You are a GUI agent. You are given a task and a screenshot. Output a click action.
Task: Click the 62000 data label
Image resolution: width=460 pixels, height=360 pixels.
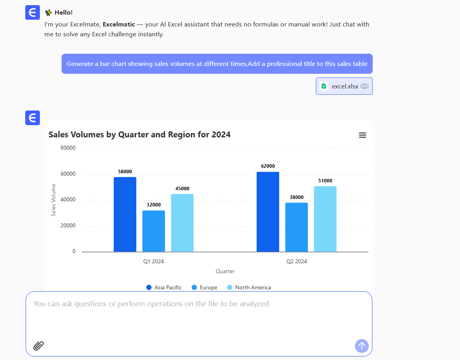tap(268, 166)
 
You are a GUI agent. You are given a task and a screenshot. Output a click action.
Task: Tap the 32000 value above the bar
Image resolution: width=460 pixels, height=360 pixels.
tap(154, 205)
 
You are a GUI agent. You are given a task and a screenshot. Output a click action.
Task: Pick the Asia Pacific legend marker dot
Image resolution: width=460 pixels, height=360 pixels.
tap(149, 287)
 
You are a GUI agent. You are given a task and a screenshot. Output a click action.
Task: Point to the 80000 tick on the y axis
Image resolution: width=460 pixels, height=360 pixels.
tap(68, 148)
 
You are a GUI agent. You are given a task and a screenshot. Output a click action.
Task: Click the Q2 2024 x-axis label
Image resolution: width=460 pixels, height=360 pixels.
tap(297, 261)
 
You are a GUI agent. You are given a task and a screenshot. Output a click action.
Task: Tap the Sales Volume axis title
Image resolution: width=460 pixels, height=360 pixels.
tap(54, 200)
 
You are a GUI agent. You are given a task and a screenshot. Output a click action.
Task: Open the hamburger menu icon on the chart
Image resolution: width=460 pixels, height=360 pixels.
tap(362, 135)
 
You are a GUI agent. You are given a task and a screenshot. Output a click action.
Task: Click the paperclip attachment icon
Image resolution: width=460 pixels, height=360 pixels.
tap(38, 346)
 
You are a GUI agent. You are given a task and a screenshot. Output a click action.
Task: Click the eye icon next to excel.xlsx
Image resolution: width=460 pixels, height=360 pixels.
tap(364, 86)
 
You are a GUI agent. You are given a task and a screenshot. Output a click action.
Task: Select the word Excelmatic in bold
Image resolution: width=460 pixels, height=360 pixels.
tap(118, 24)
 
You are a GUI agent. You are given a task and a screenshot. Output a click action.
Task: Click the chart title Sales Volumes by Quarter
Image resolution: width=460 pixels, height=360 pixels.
tap(139, 135)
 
